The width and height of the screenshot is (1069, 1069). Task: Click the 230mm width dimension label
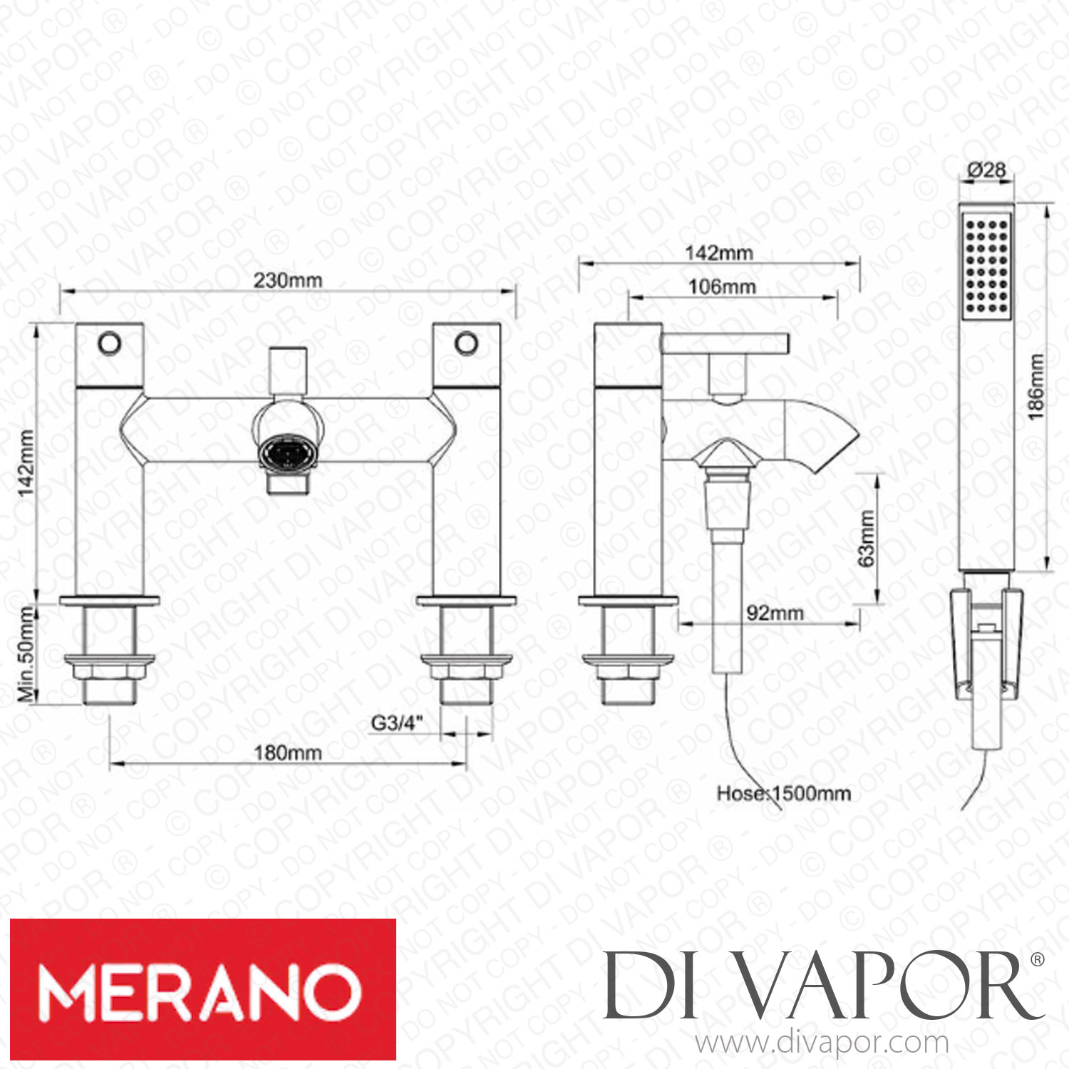(x=288, y=281)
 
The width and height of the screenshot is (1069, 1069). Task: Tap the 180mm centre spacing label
(x=288, y=753)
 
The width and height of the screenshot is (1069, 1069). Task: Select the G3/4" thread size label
(x=397, y=723)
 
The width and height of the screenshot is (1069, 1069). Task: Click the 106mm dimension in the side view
(x=722, y=286)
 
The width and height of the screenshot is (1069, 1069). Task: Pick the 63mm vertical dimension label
(x=866, y=539)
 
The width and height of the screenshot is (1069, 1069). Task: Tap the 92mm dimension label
(x=775, y=613)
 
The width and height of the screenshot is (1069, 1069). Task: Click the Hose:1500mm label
(x=784, y=793)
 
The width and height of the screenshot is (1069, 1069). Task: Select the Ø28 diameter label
(x=987, y=170)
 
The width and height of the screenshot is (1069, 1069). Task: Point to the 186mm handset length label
(x=1036, y=386)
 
